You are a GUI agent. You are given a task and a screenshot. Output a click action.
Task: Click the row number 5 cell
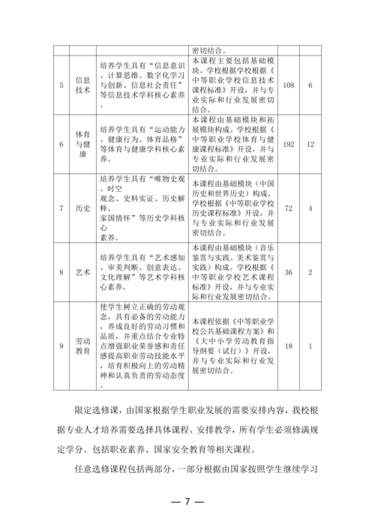[x=61, y=85]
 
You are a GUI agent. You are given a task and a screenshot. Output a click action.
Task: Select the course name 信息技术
[x=83, y=85]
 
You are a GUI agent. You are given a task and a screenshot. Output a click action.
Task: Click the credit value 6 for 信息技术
[x=310, y=85]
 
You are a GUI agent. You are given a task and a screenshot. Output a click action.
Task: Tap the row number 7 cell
[x=61, y=207]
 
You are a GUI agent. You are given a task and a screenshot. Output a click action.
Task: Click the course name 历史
[x=83, y=207]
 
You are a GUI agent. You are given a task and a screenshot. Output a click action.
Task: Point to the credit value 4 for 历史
[x=310, y=207]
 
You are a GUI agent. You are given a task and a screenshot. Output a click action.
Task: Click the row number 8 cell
[x=61, y=271]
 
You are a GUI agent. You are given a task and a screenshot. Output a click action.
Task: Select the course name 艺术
[x=83, y=271]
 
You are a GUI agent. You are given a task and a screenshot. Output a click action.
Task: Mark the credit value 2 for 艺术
[x=310, y=271]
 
